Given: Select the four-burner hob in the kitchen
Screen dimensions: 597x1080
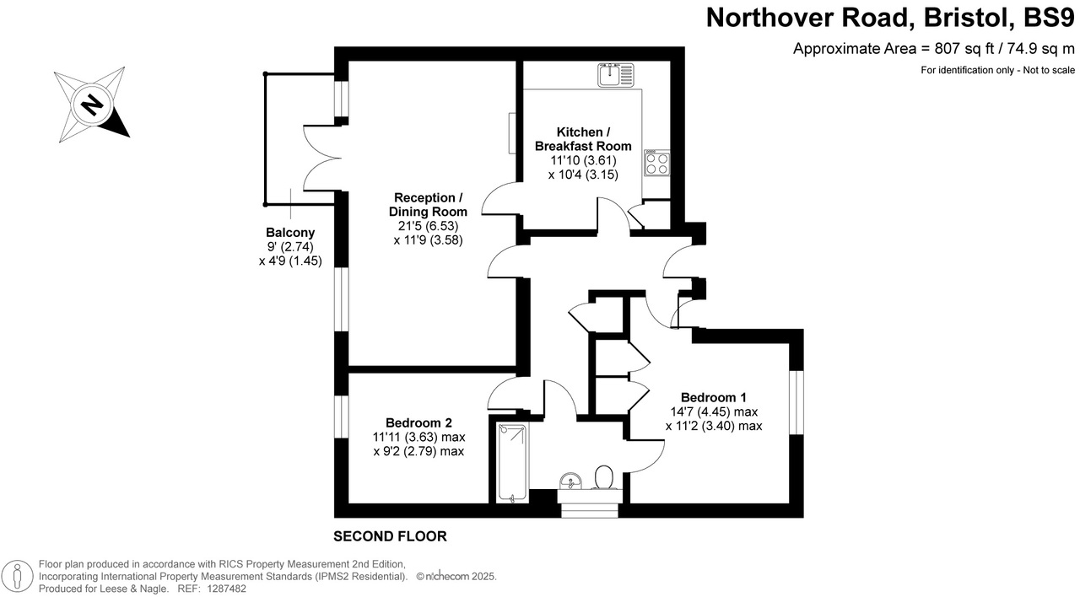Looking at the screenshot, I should pyautogui.click(x=657, y=162).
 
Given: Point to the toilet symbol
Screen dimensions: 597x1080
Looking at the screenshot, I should pyautogui.click(x=603, y=478).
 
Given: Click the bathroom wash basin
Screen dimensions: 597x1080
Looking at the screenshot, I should pyautogui.click(x=570, y=481).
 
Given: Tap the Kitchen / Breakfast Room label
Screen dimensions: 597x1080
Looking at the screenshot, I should pyautogui.click(x=583, y=139).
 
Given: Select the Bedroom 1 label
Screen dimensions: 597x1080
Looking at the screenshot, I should pyautogui.click(x=713, y=397).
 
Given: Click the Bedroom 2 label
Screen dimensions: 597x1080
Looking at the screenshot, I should pyautogui.click(x=418, y=422).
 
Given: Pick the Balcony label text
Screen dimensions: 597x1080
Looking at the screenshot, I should pyautogui.click(x=290, y=233).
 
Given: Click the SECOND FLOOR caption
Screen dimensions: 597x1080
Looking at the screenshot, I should pyautogui.click(x=390, y=536).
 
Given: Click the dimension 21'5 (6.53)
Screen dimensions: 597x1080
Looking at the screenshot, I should pyautogui.click(x=429, y=226).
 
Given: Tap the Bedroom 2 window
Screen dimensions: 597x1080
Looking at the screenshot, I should pyautogui.click(x=341, y=416).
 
